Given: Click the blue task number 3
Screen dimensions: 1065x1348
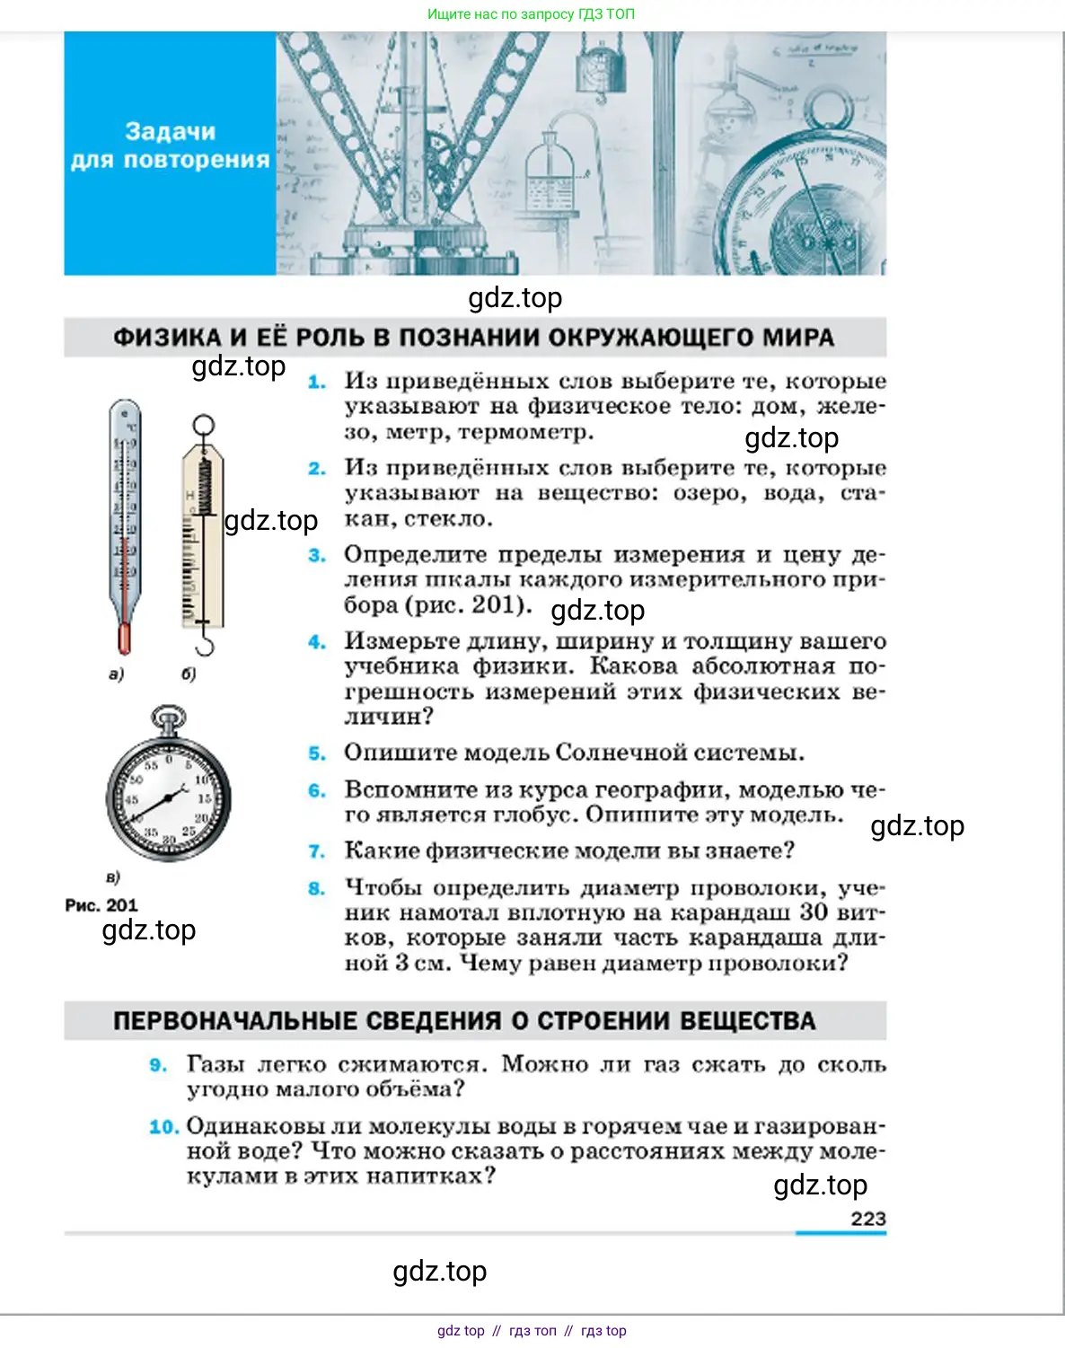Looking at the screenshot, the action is [317, 556].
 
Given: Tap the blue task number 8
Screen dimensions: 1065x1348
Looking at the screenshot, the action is [317, 889].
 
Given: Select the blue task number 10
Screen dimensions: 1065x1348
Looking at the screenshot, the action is [163, 1127].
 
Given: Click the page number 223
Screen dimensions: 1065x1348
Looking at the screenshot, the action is [867, 1219].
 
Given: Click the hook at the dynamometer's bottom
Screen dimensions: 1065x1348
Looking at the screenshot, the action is [205, 644].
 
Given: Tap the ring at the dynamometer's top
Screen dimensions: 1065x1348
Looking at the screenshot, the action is [204, 425].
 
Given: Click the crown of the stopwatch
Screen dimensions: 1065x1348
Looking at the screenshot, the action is [169, 718].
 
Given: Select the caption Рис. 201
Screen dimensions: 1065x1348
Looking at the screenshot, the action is [101, 905].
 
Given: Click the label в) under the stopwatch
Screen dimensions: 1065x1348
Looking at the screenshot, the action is [113, 877].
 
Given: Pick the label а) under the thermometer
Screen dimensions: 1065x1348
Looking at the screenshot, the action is [116, 674].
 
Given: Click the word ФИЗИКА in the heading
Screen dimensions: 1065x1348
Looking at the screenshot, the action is [167, 338].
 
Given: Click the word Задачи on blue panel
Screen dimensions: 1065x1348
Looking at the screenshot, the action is [171, 132].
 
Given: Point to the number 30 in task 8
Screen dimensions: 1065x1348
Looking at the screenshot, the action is [814, 912].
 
